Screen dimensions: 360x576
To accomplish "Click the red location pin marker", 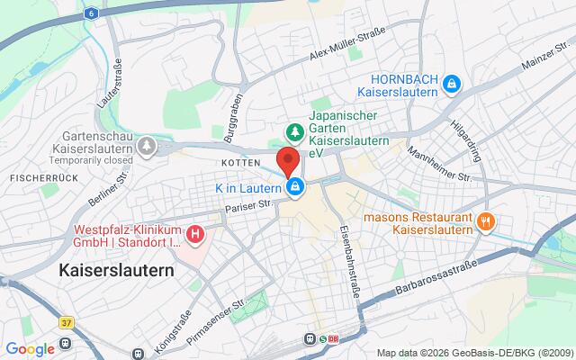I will (x=288, y=161).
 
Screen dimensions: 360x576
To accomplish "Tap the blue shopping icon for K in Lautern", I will (x=294, y=187).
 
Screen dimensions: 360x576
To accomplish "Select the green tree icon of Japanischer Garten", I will (x=292, y=132).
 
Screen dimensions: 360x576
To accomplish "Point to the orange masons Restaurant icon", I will (x=486, y=220).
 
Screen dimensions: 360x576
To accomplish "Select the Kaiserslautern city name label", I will (x=116, y=269).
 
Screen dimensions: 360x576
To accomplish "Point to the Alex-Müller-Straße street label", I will (x=346, y=44).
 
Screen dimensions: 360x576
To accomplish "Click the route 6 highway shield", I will (x=92, y=14).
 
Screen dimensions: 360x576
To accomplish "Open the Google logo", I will (x=30, y=349).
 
